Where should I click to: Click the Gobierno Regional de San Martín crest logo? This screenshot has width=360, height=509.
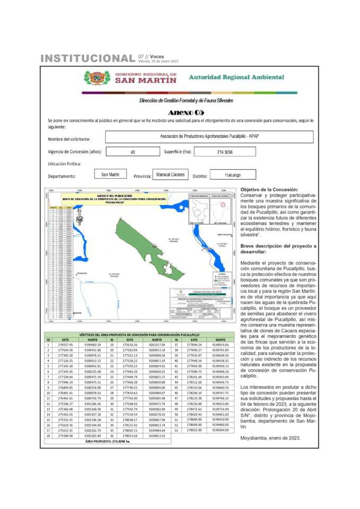[97, 78]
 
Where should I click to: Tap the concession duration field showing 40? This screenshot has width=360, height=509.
[133, 152]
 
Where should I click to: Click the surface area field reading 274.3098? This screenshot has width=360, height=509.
[225, 152]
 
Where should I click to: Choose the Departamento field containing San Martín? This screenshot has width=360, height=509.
[110, 174]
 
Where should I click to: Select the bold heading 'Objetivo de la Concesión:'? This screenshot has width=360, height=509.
[269, 189]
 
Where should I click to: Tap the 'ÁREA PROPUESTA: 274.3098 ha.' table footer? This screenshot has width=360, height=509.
[108, 441]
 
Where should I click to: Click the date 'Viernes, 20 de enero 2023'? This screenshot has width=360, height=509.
[158, 62]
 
